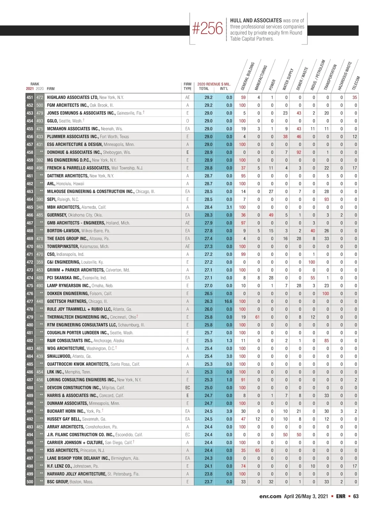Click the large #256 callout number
point(207,28)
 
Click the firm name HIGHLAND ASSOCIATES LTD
point(72,97)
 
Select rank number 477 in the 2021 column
point(30,301)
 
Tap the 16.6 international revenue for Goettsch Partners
point(228,301)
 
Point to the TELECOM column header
point(356,83)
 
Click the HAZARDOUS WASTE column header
point(345,76)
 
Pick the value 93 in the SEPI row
point(326,199)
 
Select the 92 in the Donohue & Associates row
point(299,152)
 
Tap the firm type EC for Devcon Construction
point(188,388)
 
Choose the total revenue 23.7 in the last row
point(208,482)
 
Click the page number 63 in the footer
point(356,496)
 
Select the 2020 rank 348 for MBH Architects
point(40,207)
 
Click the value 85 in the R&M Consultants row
point(326,340)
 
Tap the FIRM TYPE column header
point(188,86)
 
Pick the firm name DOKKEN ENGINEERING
point(68,293)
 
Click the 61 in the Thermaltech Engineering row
point(257,317)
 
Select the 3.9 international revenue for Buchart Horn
point(229,411)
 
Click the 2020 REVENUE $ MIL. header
point(214,84)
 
